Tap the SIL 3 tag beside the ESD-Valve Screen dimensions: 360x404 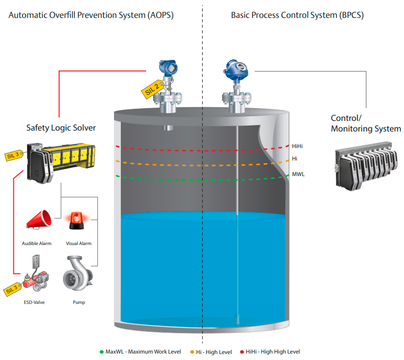[12, 288]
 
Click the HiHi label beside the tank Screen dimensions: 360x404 [297, 146]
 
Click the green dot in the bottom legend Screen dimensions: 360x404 [101, 352]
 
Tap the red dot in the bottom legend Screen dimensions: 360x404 [242, 352]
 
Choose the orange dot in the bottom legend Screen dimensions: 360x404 [192, 352]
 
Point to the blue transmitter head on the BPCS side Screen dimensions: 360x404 [237, 69]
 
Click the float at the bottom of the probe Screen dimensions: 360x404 [237, 318]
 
